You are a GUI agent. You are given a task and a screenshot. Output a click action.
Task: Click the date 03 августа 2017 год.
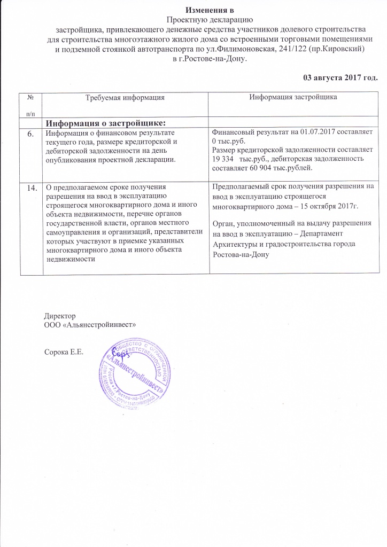coord(340,77)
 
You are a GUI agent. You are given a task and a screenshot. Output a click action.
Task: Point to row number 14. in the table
coord(33,187)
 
